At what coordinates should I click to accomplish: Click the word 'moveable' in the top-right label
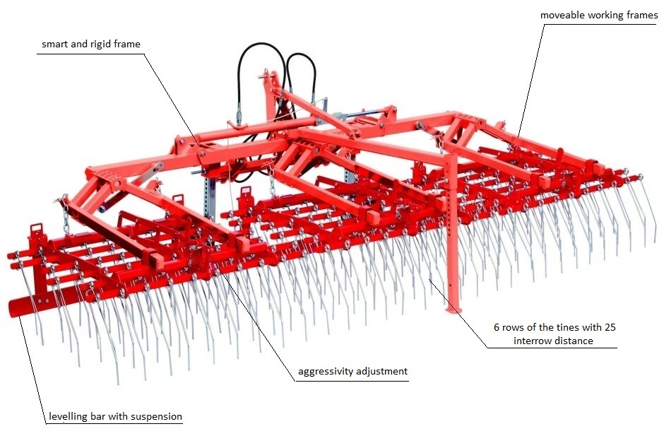[x=560, y=16]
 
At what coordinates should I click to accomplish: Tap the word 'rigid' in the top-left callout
[x=100, y=45]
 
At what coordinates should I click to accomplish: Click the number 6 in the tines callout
[x=497, y=327]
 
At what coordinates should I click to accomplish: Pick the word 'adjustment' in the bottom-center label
[x=382, y=372]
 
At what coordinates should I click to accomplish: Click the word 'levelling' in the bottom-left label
[x=68, y=416]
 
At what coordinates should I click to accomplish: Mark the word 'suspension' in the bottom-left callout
[x=156, y=417]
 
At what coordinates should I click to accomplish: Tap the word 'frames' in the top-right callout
[x=642, y=16]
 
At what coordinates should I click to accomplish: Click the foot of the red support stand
[x=453, y=310]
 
